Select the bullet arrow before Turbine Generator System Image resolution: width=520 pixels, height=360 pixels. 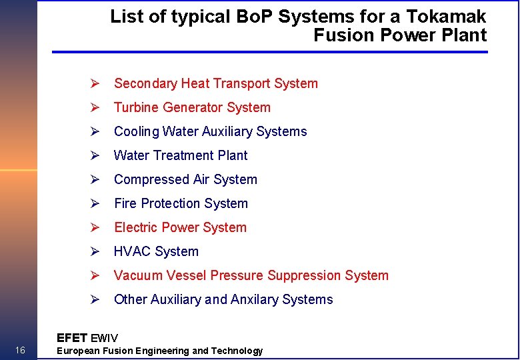click(x=95, y=107)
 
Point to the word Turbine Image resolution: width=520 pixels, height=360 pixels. click(x=136, y=107)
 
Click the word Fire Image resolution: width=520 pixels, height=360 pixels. click(x=125, y=203)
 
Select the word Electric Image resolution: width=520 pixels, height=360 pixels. click(x=139, y=227)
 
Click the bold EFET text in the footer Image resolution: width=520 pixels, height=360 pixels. click(x=72, y=338)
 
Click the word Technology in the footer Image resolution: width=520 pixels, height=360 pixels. click(x=237, y=351)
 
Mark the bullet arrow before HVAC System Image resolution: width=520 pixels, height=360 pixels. click(x=95, y=251)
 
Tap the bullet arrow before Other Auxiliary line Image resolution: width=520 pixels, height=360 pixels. click(x=95, y=299)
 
